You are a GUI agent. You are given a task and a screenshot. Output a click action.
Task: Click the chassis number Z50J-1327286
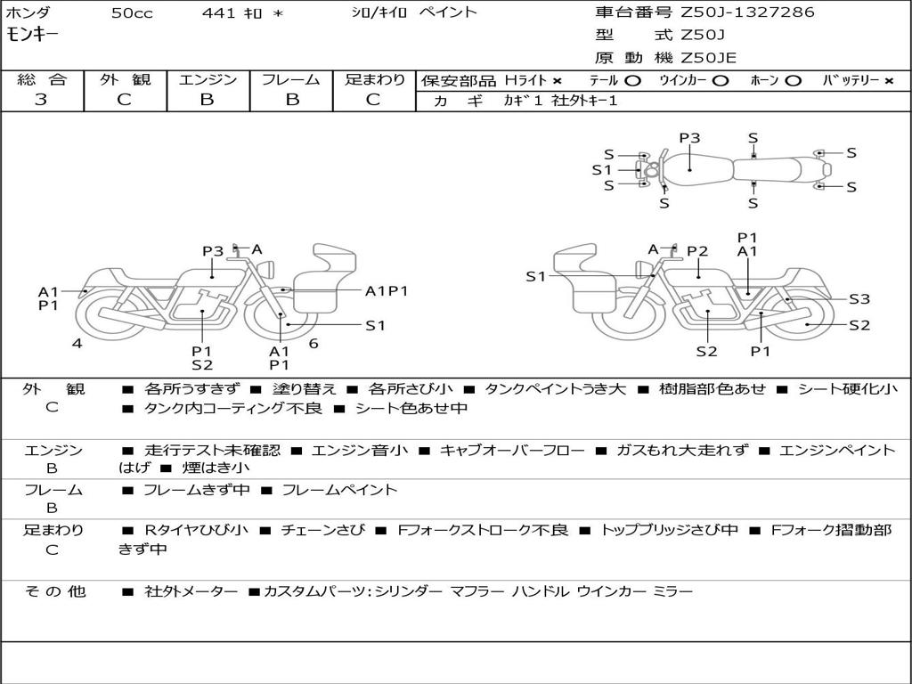click(x=747, y=12)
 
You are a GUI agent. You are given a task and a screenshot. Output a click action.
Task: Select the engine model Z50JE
click(x=708, y=58)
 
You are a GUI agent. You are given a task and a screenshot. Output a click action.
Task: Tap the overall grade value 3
click(x=41, y=100)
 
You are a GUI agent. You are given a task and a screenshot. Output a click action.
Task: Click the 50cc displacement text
click(x=131, y=12)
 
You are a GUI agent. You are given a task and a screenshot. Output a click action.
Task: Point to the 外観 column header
click(x=125, y=79)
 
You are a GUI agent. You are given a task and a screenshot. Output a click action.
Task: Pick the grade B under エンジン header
click(x=207, y=100)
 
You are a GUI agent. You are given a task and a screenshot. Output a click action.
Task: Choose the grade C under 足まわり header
click(x=373, y=100)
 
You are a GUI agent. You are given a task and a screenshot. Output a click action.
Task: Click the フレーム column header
click(x=290, y=79)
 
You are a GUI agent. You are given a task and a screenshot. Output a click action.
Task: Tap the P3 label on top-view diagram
click(x=689, y=138)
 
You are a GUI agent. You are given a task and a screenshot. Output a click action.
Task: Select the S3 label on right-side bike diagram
click(x=859, y=299)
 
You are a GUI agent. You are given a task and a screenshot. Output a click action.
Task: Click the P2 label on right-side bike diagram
click(x=696, y=251)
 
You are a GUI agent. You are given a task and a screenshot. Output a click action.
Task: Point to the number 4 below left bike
click(x=77, y=343)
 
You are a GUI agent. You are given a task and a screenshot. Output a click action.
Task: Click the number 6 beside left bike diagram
click(x=313, y=343)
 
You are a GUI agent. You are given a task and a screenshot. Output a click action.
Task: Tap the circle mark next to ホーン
click(x=793, y=80)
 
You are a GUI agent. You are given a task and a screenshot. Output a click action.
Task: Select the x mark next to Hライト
click(x=557, y=80)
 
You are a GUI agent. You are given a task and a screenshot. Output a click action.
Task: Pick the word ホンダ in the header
click(x=28, y=12)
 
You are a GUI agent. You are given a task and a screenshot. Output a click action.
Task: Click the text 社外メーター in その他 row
click(x=191, y=591)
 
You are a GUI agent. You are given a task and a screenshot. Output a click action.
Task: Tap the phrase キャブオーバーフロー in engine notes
click(x=512, y=451)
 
